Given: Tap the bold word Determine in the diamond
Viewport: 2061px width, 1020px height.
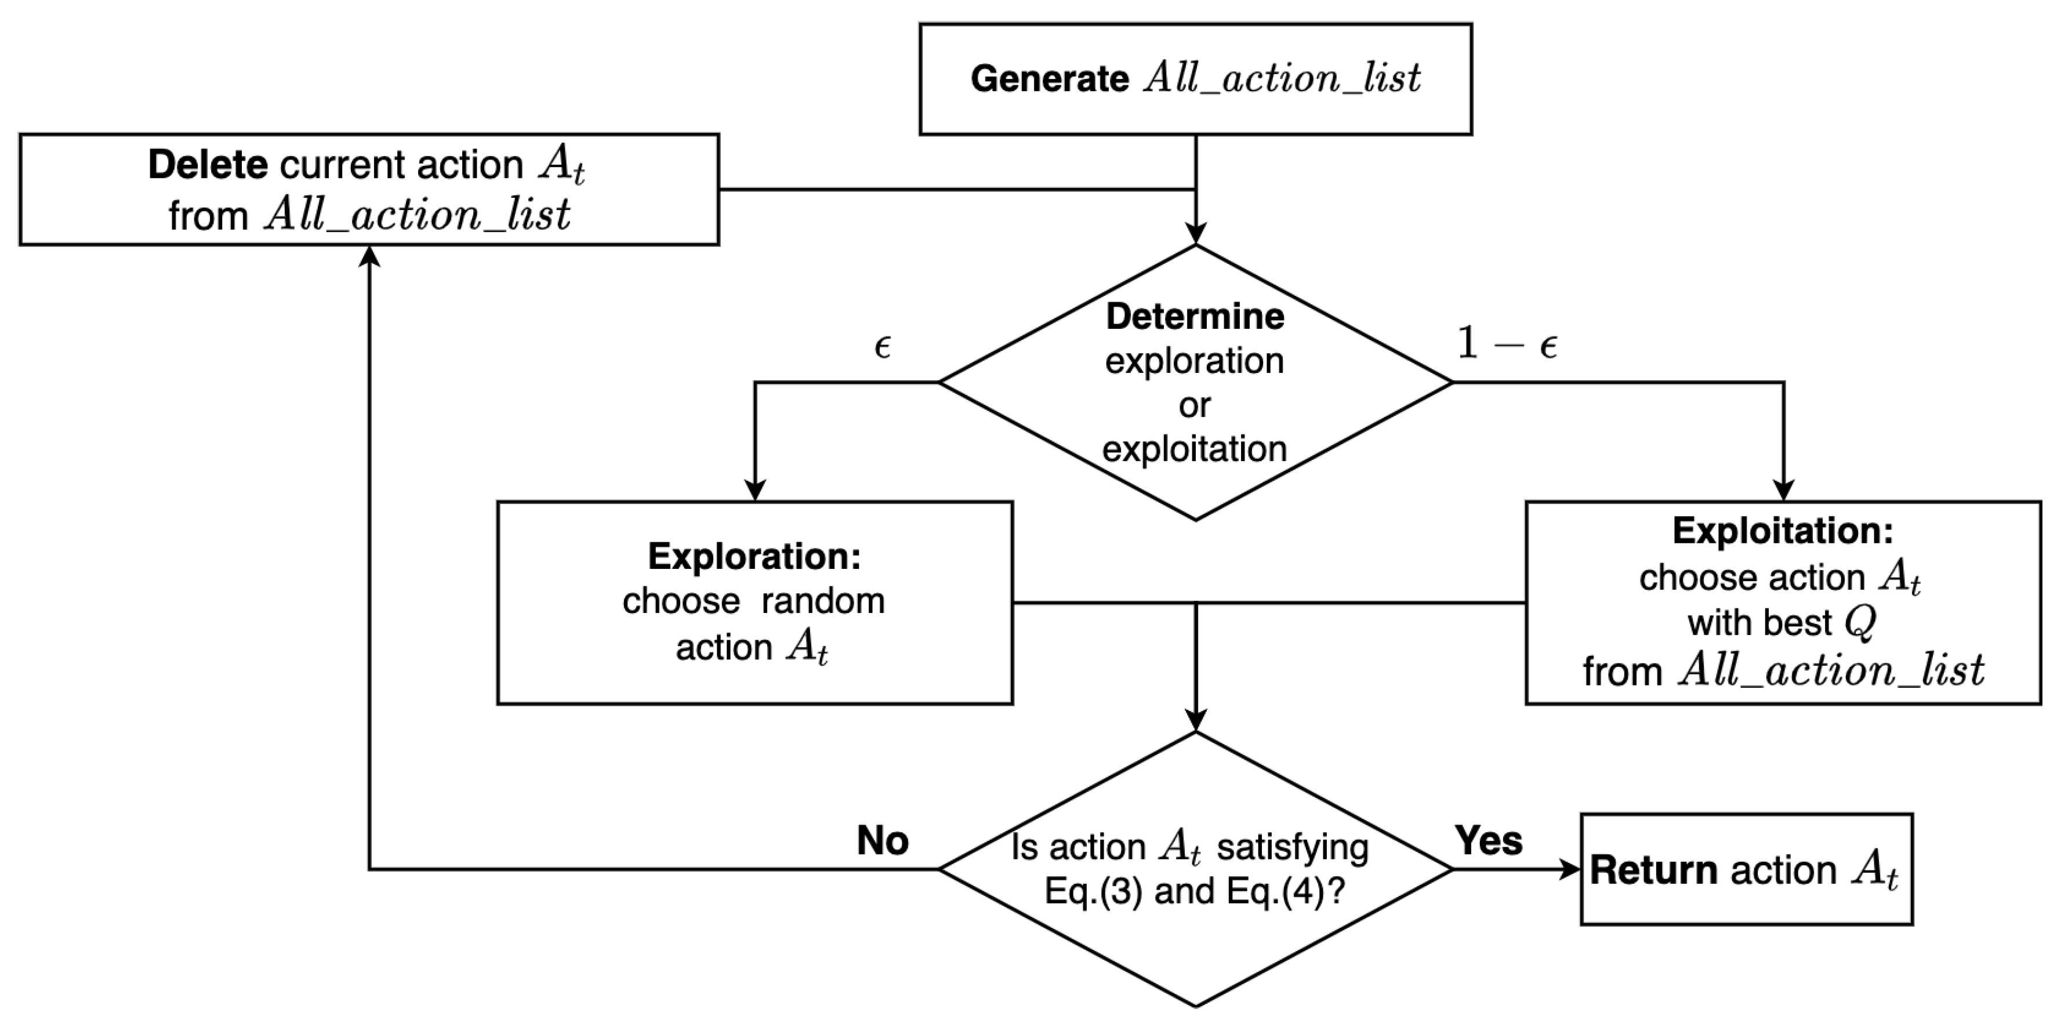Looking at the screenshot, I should pyautogui.click(x=1195, y=317).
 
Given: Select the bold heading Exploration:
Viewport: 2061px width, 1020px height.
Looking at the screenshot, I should pyautogui.click(x=754, y=557).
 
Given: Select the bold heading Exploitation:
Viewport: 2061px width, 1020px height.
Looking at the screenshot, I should pyautogui.click(x=1783, y=531).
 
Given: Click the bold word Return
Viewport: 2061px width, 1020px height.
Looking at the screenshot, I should pyautogui.click(x=1653, y=870).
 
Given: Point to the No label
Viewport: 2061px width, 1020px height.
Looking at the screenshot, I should pyautogui.click(x=883, y=841).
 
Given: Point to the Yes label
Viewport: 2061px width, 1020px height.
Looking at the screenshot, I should pyautogui.click(x=1489, y=841).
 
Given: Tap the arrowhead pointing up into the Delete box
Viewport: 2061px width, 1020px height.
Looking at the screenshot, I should pyautogui.click(x=369, y=255).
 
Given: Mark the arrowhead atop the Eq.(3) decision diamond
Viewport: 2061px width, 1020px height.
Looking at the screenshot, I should pyautogui.click(x=1195, y=721).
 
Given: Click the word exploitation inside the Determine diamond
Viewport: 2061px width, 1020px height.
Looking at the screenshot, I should pyautogui.click(x=1195, y=449).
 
